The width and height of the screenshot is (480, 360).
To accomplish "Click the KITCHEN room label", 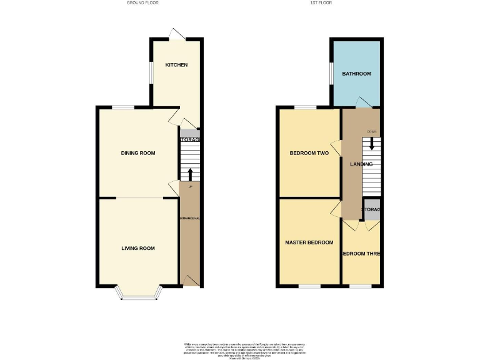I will (x=176, y=65).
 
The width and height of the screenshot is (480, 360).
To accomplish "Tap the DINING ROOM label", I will (x=138, y=153).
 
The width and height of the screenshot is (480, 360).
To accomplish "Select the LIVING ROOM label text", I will (x=138, y=248).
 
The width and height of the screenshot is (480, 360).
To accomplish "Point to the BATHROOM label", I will (x=356, y=74).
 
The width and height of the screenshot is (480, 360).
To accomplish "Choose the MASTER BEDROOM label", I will (x=309, y=242).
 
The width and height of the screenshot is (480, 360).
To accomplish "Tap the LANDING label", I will (x=361, y=164).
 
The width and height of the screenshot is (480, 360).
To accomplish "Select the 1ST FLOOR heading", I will (x=320, y=3).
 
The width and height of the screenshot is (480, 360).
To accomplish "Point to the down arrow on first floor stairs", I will (x=372, y=143).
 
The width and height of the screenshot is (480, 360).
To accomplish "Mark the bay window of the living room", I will (x=138, y=294).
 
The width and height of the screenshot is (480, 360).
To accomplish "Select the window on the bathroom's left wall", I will (x=331, y=74).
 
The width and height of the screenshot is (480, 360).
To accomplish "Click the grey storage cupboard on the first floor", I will (x=372, y=211).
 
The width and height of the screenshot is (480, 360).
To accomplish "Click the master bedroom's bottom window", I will (x=308, y=287).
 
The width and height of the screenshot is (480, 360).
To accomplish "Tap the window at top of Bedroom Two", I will (x=305, y=107).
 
